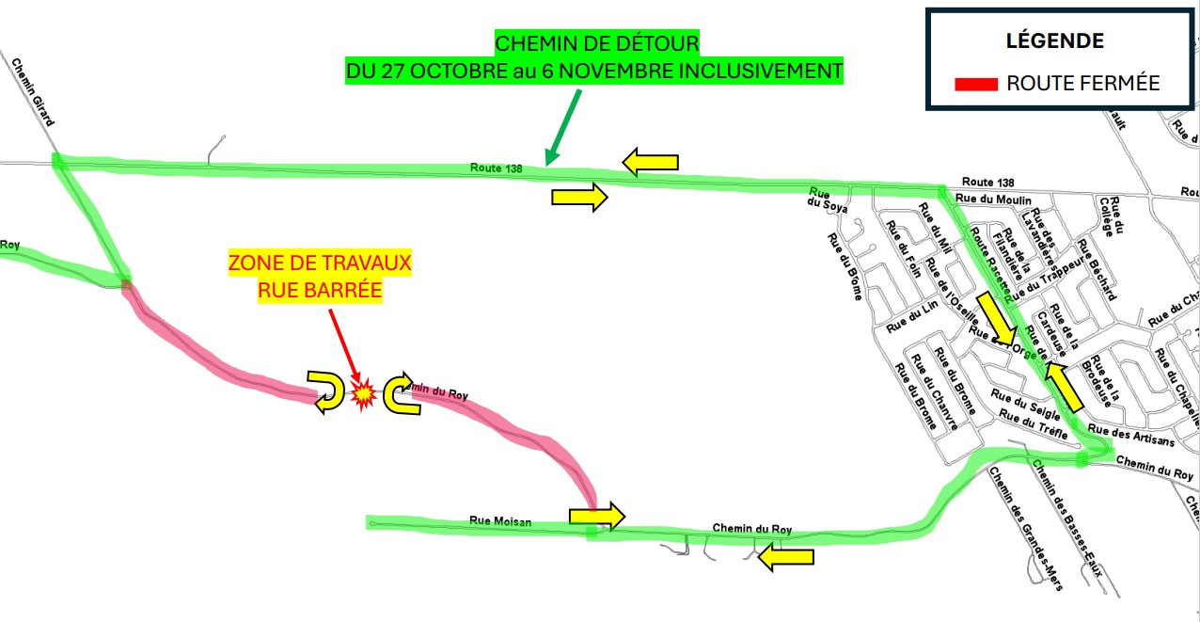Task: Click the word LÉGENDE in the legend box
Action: click(1055, 41)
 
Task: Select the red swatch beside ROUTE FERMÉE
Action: click(975, 85)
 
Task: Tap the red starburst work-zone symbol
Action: click(363, 393)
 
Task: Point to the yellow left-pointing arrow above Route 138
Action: click(650, 162)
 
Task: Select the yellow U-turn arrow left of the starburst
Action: click(326, 391)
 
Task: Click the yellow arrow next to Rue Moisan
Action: click(596, 515)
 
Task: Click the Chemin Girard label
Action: click(33, 92)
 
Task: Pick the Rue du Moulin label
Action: click(993, 199)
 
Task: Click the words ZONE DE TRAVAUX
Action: click(321, 263)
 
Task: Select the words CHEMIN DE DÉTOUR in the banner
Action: click(597, 43)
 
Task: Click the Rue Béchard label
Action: click(1097, 270)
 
